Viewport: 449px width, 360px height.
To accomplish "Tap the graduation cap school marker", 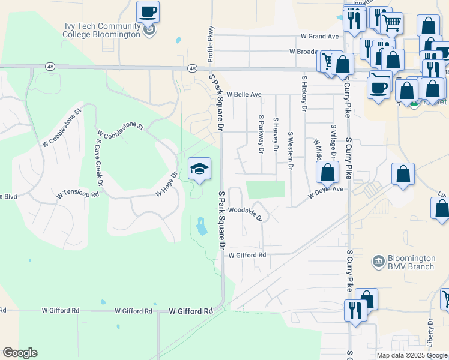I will click(200, 169).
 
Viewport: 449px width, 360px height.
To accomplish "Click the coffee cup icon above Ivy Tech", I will click(148, 11).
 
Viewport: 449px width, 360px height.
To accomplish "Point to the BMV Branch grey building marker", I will click(378, 261).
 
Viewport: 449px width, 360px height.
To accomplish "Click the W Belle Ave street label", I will click(244, 95).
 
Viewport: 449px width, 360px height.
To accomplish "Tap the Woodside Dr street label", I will click(245, 213).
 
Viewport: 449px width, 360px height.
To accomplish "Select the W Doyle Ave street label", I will click(325, 192).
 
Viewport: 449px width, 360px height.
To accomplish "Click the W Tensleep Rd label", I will click(77, 194).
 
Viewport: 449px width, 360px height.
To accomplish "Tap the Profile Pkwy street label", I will click(211, 44).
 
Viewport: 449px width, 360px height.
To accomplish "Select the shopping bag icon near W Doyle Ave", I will click(327, 172).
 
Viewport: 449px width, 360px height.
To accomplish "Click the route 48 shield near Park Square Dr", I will click(192, 68).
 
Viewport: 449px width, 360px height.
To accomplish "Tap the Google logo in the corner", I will click(20, 353).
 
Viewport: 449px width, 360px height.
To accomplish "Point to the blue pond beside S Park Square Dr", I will click(202, 226).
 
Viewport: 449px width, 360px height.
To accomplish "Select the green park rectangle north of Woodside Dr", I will click(265, 189).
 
